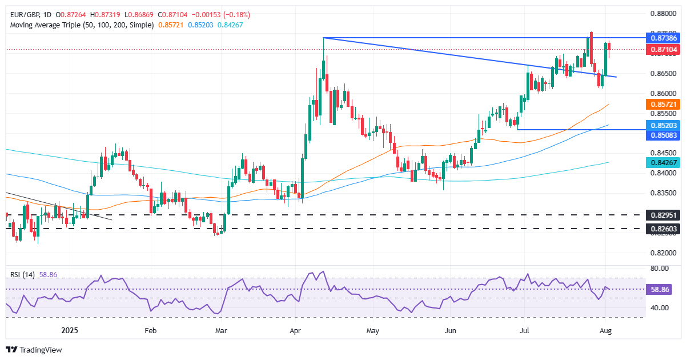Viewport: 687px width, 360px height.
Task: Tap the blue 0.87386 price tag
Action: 664,38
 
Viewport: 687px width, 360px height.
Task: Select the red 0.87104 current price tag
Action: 664,50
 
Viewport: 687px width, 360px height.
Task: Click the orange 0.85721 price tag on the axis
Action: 664,105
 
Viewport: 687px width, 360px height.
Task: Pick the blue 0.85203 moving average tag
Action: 664,125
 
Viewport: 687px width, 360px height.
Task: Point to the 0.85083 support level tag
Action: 664,135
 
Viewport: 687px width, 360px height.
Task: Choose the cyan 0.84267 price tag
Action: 664,162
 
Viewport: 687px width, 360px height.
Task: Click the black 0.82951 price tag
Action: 664,215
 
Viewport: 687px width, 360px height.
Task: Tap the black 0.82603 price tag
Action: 664,229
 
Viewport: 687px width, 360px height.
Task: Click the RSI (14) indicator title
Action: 23,275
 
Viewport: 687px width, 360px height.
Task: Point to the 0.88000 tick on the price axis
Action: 664,13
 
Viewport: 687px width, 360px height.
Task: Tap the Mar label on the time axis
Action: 220,330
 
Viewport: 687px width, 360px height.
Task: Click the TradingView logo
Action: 34,350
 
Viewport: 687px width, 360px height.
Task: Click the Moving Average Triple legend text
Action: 80,25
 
